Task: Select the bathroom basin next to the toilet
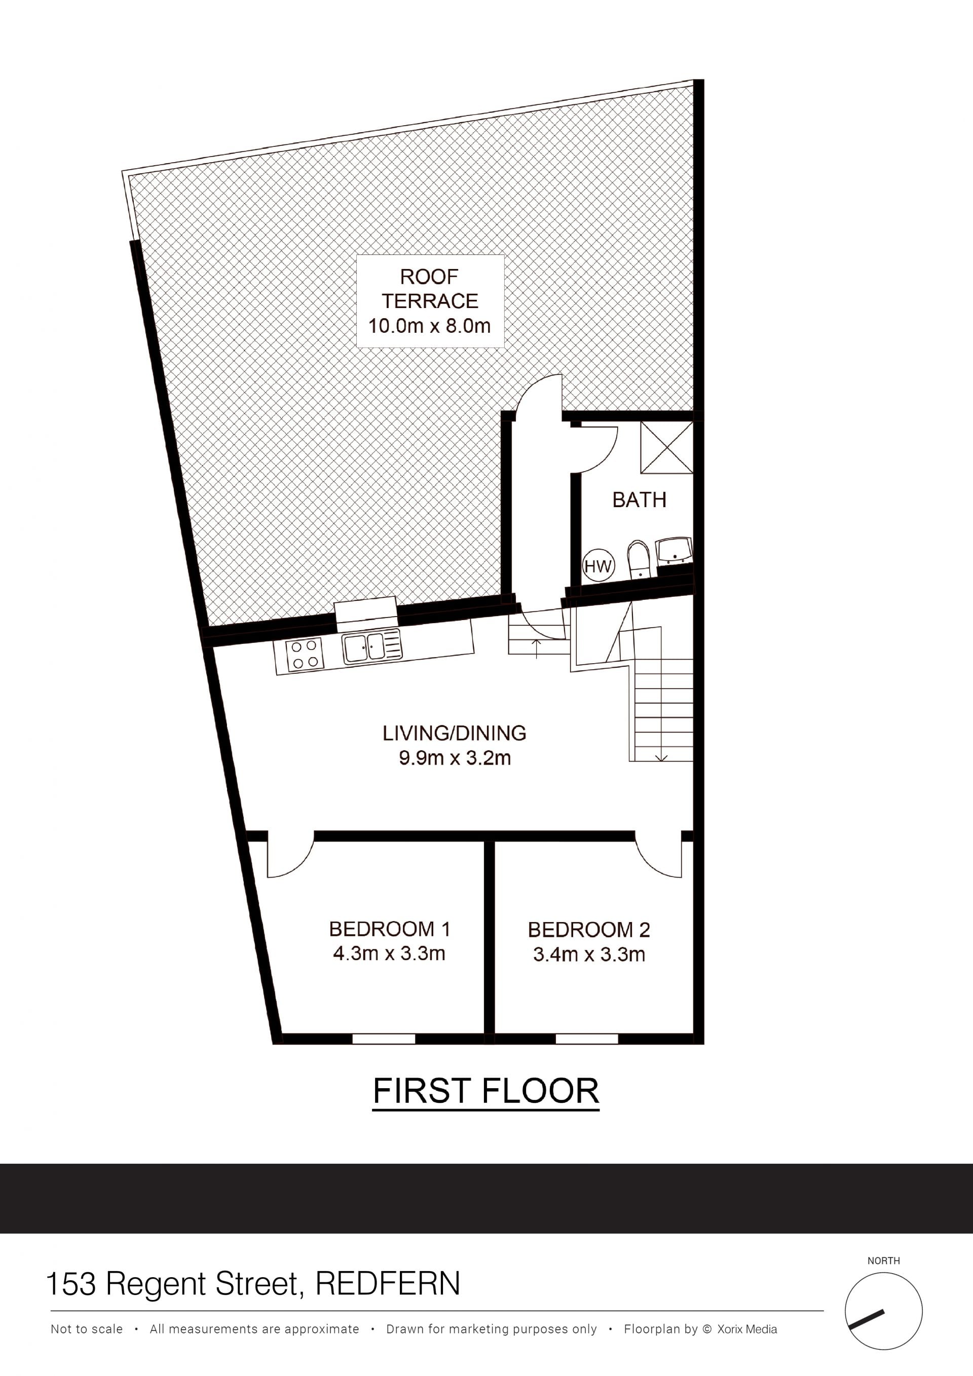tap(675, 550)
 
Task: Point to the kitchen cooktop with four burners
tap(305, 654)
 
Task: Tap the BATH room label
tap(639, 500)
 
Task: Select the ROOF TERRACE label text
tap(430, 289)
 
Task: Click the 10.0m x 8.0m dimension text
tap(429, 326)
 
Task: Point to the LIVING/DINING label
tap(455, 733)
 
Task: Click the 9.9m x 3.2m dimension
tap(455, 758)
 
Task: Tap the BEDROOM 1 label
tap(389, 929)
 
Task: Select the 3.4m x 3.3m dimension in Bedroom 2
tap(589, 954)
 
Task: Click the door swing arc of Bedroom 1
tap(301, 865)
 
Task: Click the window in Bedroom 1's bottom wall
tap(384, 1039)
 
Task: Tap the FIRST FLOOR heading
tap(486, 1090)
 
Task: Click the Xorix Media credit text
tap(747, 1329)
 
